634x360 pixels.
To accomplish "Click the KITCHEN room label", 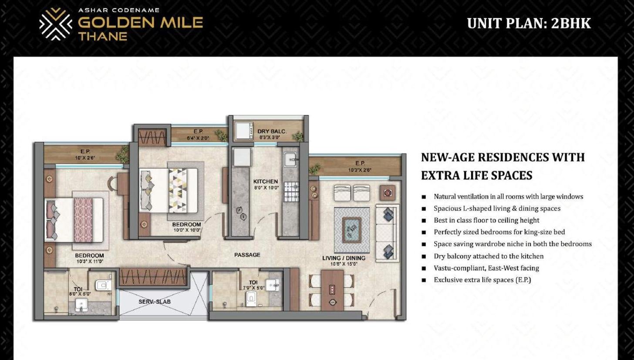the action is tap(265, 182).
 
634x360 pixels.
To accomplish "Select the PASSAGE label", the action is tap(247, 255).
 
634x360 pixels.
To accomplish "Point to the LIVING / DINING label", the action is tap(344, 258).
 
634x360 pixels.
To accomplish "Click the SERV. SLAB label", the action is tap(155, 302).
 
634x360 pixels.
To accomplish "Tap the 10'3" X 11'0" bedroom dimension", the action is tap(90, 262).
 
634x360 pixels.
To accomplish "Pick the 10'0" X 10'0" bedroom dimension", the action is tap(187, 230).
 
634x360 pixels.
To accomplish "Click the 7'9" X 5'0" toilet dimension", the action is tap(253, 288).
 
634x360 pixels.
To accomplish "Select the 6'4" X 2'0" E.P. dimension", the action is tap(198, 138).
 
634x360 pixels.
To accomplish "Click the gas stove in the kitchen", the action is tap(292, 192).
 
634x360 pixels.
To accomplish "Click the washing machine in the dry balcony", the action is tap(244, 131).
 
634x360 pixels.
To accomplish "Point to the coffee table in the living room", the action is tap(352, 230).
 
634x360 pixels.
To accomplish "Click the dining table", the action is tap(332, 290).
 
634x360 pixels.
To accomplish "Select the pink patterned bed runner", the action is tap(83, 220).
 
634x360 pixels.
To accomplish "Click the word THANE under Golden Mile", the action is tap(103, 36).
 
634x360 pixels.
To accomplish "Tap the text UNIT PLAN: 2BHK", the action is tap(529, 23).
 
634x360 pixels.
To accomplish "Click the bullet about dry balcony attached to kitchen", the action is tap(489, 256).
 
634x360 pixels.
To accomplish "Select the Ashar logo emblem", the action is tap(56, 24).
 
